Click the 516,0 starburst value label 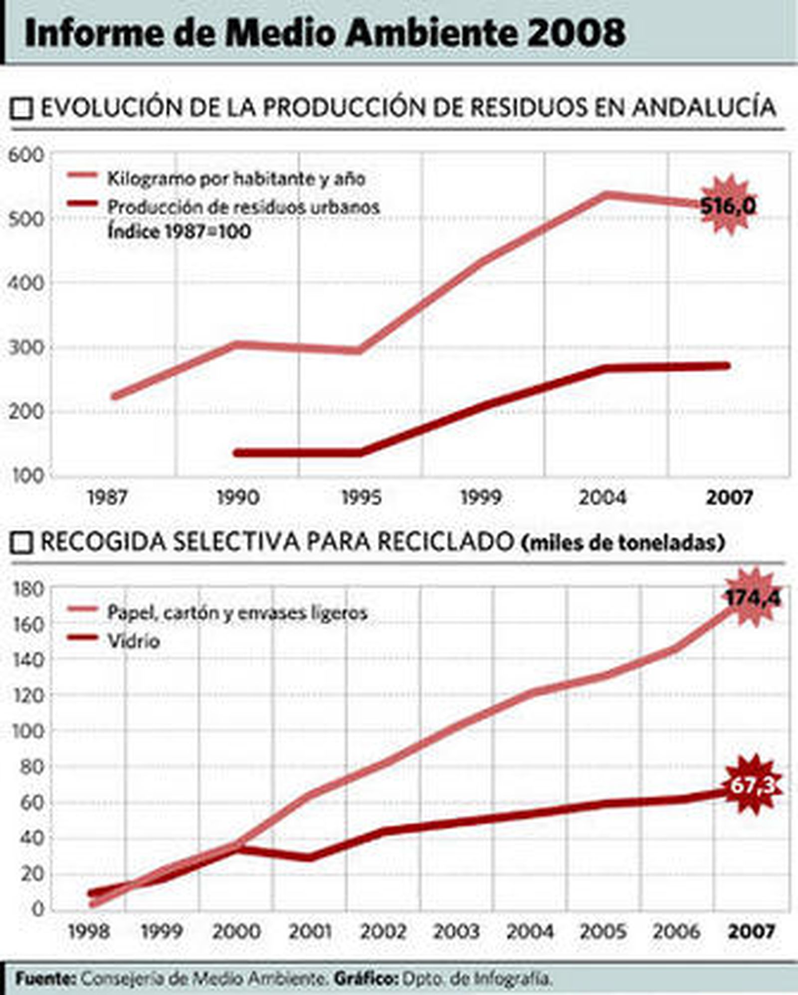pyautogui.click(x=728, y=205)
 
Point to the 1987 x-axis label pyautogui.click(x=107, y=497)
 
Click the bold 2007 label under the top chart pyautogui.click(x=729, y=497)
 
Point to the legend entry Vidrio pyautogui.click(x=133, y=641)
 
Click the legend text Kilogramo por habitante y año pyautogui.click(x=236, y=178)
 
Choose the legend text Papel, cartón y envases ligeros pyautogui.click(x=237, y=613)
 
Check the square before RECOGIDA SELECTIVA pyautogui.click(x=21, y=543)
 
